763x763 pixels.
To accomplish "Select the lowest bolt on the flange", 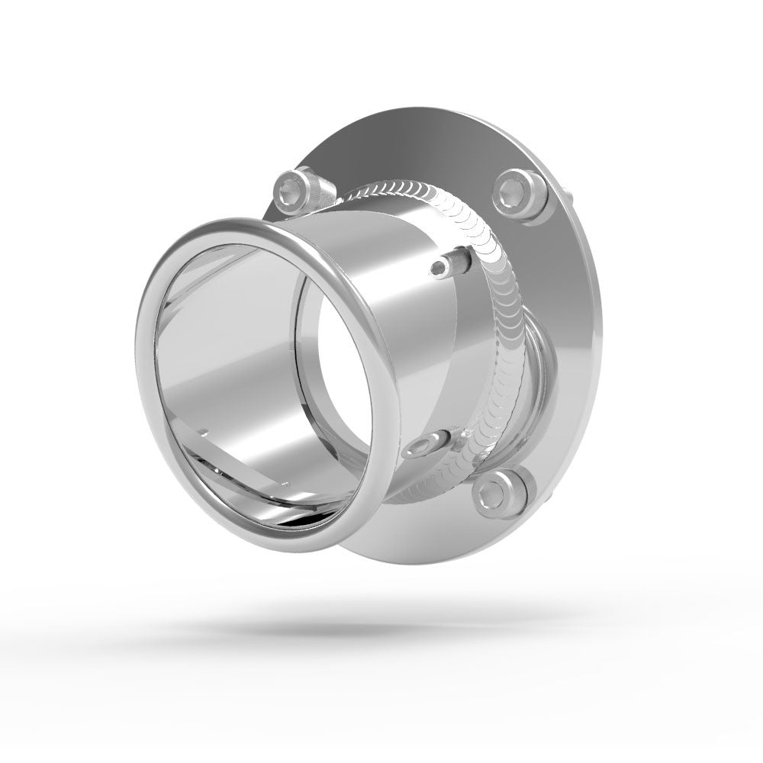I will click(x=501, y=491).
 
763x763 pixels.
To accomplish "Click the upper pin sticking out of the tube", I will click(x=446, y=263).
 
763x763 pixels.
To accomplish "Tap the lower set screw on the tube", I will click(x=427, y=445).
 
